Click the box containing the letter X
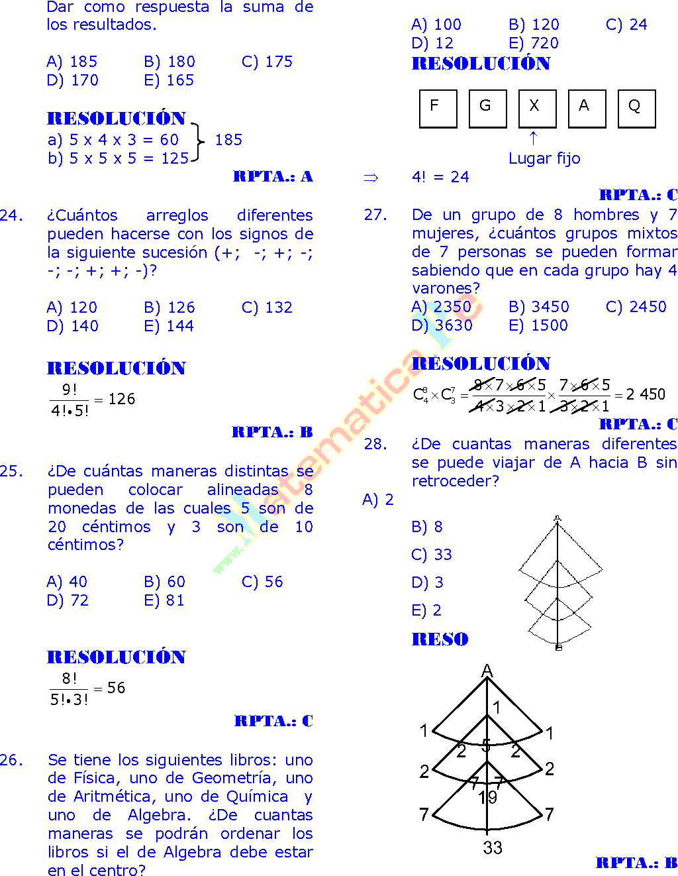537,108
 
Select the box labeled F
438,108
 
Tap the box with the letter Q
636,108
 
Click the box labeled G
487,108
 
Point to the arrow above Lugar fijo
533,138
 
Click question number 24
11,215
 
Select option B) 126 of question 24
169,307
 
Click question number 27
375,215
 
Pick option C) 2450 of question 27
636,307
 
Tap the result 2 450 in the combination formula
646,394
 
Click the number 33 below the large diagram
492,848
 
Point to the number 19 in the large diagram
488,797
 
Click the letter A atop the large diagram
487,671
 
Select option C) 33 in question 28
432,555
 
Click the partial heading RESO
440,639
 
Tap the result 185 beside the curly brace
228,140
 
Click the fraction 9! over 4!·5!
70,400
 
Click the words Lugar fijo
544,158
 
